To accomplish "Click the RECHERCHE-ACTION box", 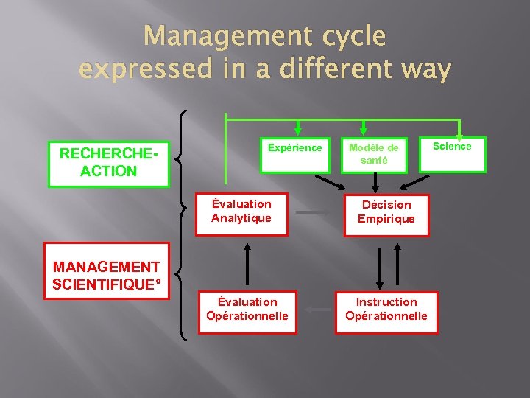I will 108,163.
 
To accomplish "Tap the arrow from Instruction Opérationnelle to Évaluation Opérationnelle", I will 318,310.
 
